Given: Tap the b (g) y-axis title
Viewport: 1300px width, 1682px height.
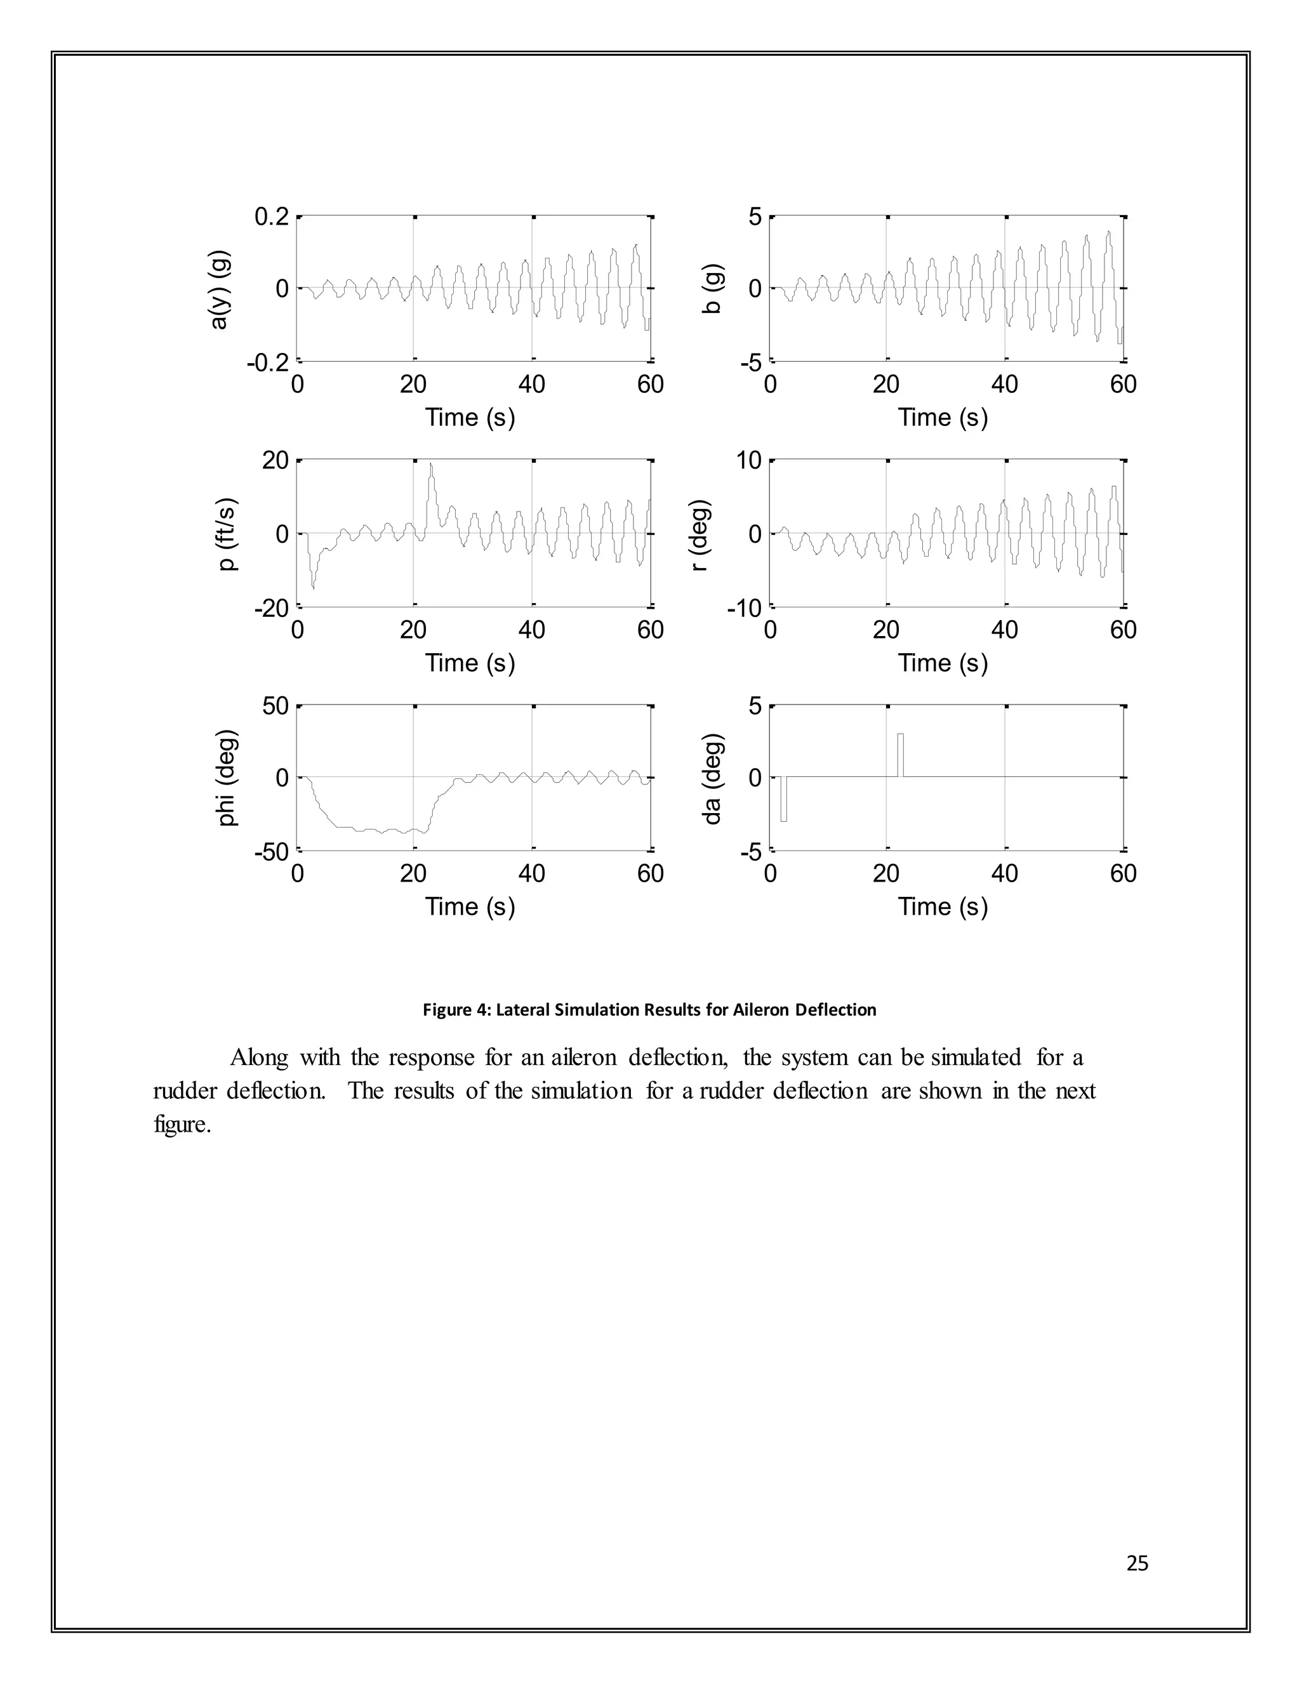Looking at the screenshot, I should click(712, 289).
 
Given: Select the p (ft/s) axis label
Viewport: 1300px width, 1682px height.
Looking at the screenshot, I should click(227, 534).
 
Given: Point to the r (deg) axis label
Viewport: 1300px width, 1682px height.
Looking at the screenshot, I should click(698, 534).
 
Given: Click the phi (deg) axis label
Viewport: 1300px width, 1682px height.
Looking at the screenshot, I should click(227, 778).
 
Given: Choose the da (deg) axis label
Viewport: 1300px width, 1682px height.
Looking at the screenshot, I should click(712, 778).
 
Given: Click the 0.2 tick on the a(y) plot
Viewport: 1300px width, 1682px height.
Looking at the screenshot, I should click(271, 217).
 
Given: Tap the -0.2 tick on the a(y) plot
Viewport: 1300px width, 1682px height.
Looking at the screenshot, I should click(267, 362).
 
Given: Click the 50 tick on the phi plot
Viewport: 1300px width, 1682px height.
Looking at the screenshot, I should click(275, 706).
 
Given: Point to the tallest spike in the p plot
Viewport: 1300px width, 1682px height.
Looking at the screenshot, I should click(431, 467).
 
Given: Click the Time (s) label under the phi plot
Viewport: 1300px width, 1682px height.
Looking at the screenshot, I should click(470, 906).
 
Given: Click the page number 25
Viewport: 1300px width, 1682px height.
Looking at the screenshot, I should click(1137, 1563).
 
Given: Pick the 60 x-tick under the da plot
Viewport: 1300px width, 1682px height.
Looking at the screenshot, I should click(1123, 873).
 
